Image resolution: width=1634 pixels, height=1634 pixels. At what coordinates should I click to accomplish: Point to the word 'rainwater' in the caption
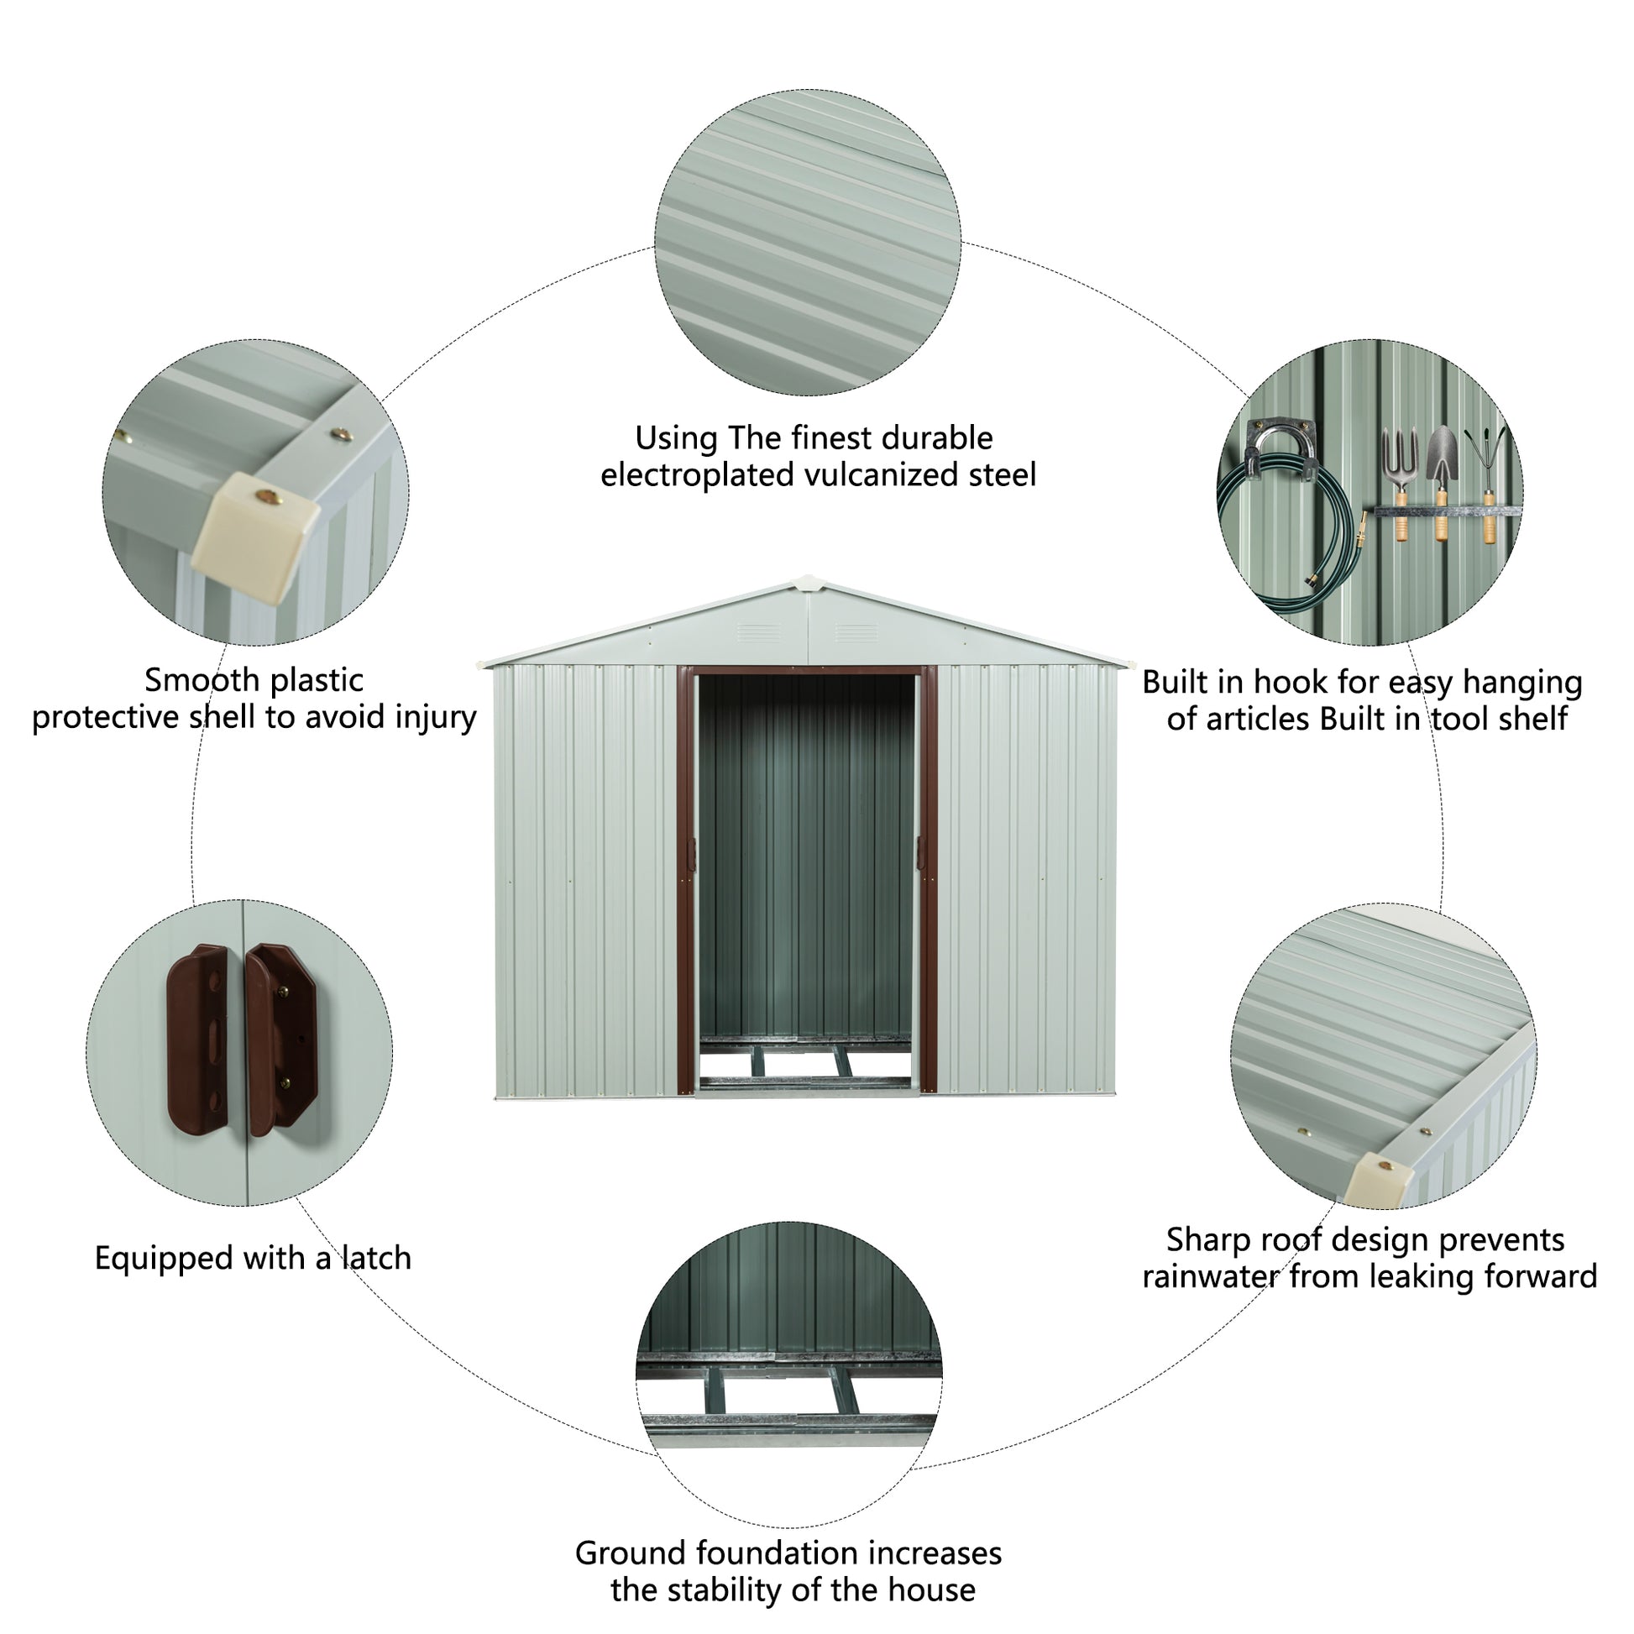pyautogui.click(x=1210, y=1277)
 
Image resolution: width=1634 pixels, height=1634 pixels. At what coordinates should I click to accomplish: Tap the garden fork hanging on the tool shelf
pyautogui.click(x=1401, y=482)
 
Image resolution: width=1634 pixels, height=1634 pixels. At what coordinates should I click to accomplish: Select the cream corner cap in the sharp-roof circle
pyautogui.click(x=1378, y=1180)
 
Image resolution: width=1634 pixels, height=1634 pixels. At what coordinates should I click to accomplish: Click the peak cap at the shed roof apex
pyautogui.click(x=809, y=583)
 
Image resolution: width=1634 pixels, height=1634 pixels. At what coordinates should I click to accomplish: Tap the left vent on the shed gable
pyautogui.click(x=760, y=632)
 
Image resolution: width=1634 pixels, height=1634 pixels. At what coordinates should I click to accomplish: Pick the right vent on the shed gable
pyautogui.click(x=856, y=632)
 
